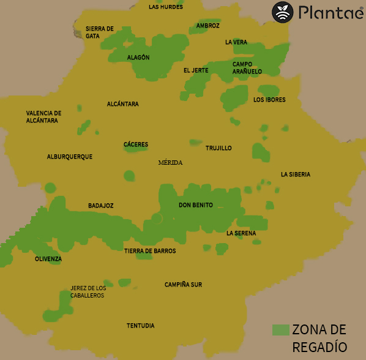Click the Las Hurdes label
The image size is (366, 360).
tap(165, 7)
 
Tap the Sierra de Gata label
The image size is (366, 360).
tap(100, 32)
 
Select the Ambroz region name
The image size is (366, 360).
tap(207, 26)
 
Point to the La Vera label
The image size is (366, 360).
tap(236, 42)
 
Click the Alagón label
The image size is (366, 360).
tap(138, 58)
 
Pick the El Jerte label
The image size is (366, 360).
tap(196, 70)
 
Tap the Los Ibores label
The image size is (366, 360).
tap(269, 99)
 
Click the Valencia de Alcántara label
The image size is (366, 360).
tap(43, 117)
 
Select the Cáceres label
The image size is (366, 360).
tap(136, 144)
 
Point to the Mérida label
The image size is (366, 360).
tap(170, 163)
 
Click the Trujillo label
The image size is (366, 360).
tap(218, 148)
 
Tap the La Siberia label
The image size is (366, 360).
tap(296, 174)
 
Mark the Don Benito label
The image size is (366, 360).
tap(196, 205)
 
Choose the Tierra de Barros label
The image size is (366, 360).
tap(150, 251)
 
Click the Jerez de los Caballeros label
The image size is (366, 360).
tap(88, 291)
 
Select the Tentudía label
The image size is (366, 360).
tap(140, 325)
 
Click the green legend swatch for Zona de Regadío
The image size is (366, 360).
tap(280, 329)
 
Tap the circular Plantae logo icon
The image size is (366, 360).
tap(283, 12)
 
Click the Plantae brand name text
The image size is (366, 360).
tap(331, 12)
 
